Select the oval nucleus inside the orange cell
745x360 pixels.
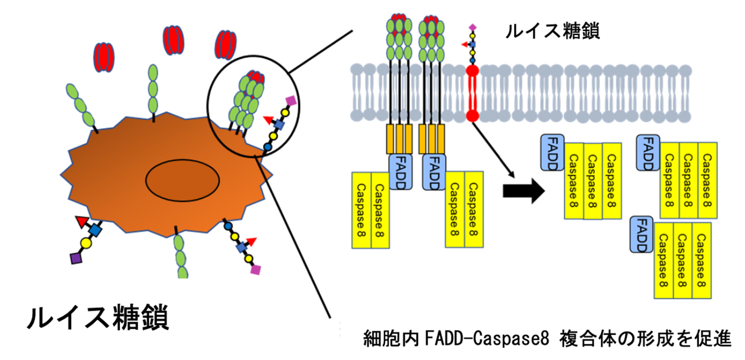click(182, 181)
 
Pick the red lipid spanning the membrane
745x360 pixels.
click(473, 95)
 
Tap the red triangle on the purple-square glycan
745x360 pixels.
click(82, 220)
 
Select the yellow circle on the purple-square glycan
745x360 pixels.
click(86, 244)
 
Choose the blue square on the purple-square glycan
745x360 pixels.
click(96, 231)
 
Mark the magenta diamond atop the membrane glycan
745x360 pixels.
click(472, 28)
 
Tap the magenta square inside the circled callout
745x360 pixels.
click(291, 101)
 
